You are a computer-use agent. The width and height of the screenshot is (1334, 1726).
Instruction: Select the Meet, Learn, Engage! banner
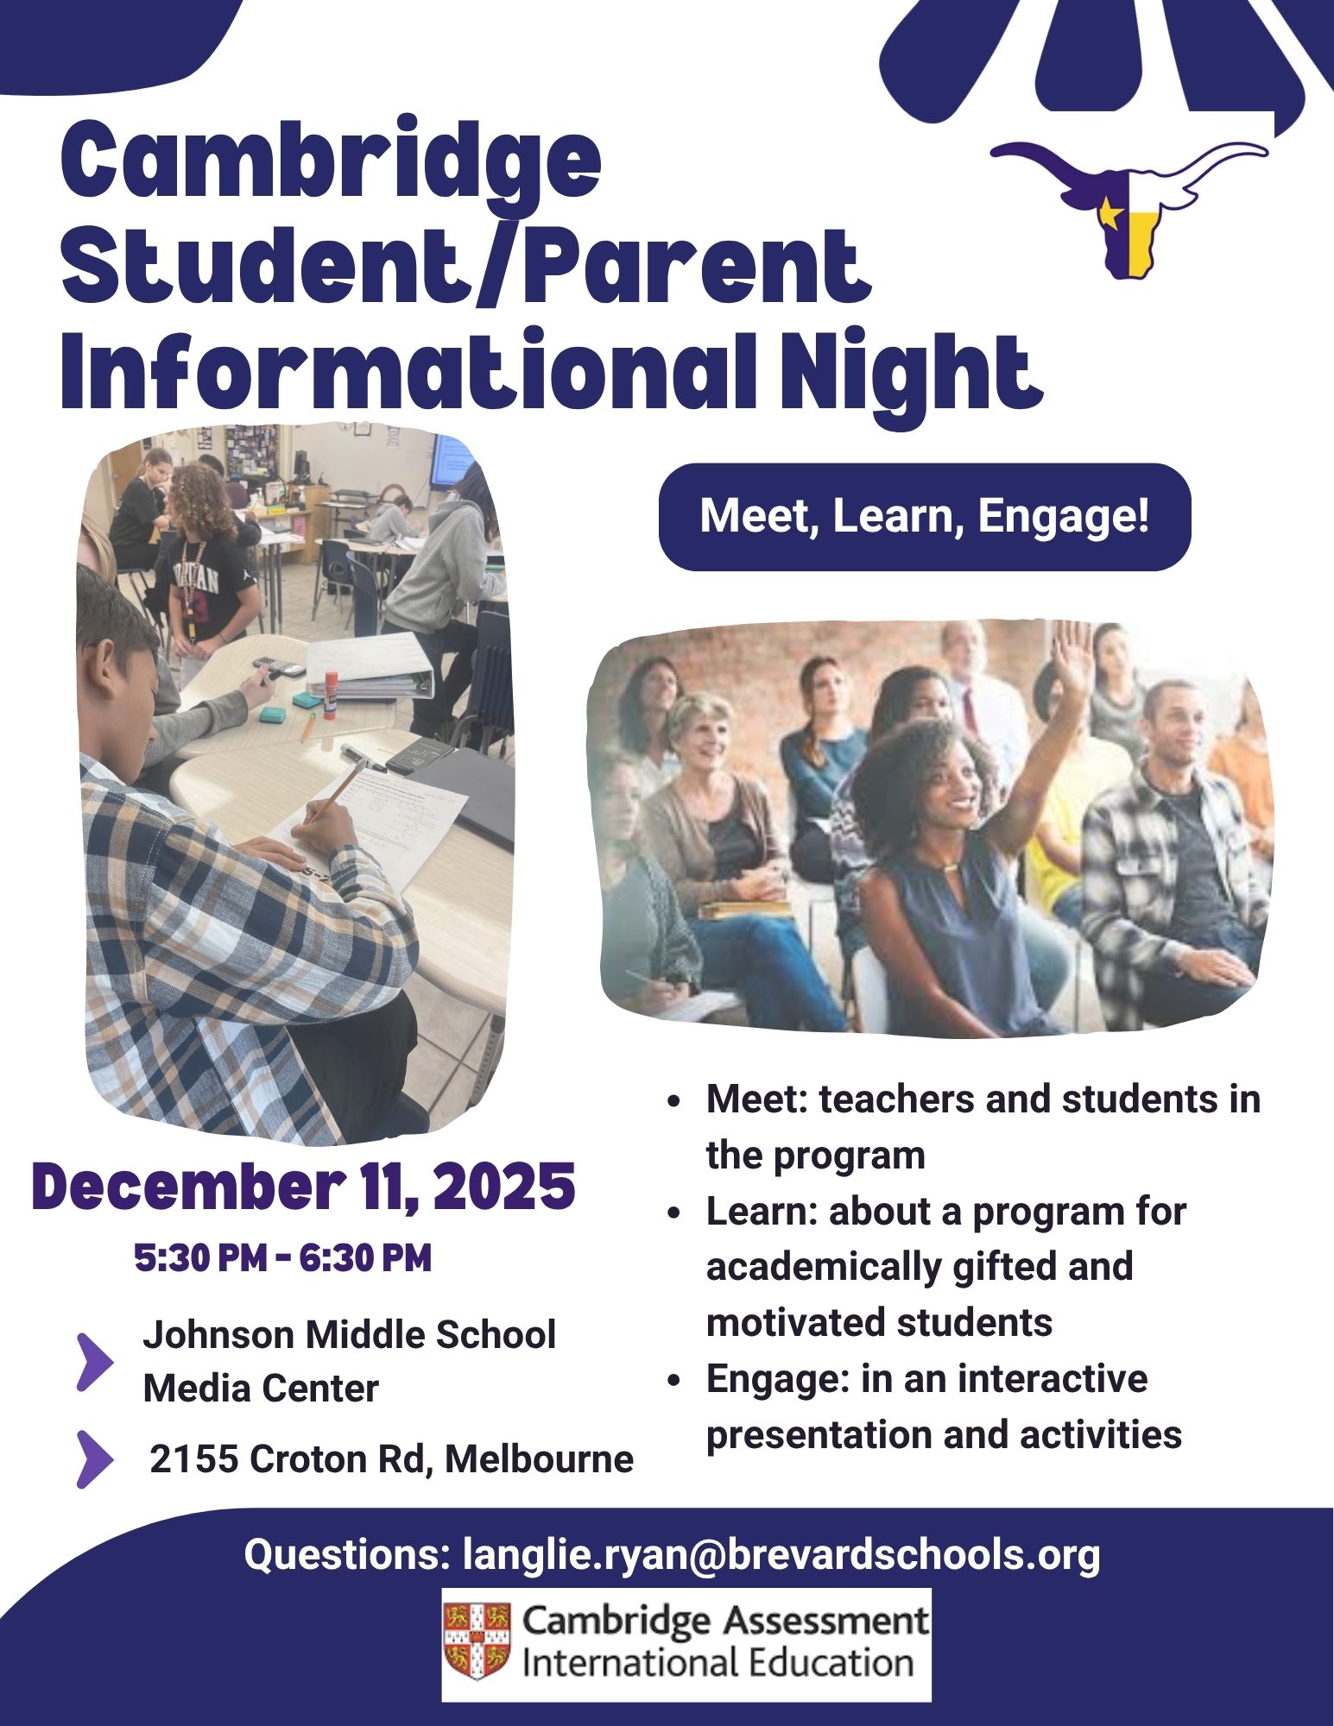925,517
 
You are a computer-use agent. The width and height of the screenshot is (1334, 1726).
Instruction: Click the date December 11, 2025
303,1187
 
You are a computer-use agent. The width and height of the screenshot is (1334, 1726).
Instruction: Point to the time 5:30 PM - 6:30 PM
283,1258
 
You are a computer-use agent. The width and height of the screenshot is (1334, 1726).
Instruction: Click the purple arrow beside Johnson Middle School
94,1362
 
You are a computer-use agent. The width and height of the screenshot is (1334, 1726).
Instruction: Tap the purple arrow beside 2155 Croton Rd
94,1459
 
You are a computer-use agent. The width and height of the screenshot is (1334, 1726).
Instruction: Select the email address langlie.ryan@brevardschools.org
781,1554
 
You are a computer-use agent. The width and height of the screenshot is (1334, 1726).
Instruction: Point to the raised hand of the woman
1073,649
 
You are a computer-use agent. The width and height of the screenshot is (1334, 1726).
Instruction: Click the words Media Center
261,1389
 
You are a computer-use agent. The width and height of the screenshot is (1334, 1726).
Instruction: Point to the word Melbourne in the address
539,1459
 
